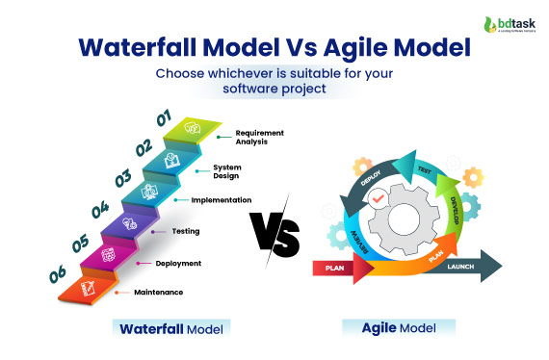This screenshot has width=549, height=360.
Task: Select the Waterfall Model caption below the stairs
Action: [171, 328]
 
